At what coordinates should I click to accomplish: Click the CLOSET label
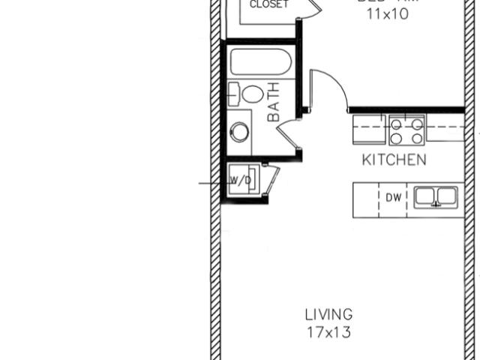[268, 4]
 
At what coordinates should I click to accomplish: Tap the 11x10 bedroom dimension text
[387, 13]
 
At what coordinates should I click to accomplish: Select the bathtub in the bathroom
[259, 61]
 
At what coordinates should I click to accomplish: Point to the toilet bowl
[253, 94]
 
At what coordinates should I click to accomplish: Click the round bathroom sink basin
[239, 132]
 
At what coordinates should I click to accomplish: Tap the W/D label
[240, 181]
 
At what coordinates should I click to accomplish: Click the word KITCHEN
[394, 160]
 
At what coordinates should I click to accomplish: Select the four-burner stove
[406, 129]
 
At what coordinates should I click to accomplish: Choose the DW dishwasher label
[394, 198]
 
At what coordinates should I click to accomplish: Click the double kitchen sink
[436, 197]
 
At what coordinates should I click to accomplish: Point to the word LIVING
[328, 314]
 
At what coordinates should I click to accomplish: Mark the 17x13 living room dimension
[328, 331]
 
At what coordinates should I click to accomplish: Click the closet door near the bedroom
[313, 10]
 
